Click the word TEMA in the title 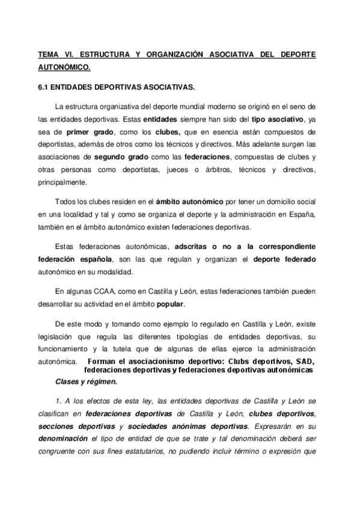click(47, 54)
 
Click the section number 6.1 click(43, 87)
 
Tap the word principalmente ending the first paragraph click(63, 183)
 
